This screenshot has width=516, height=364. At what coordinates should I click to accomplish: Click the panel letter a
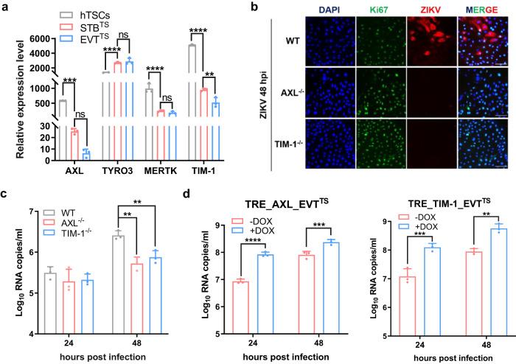(x=5, y=7)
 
